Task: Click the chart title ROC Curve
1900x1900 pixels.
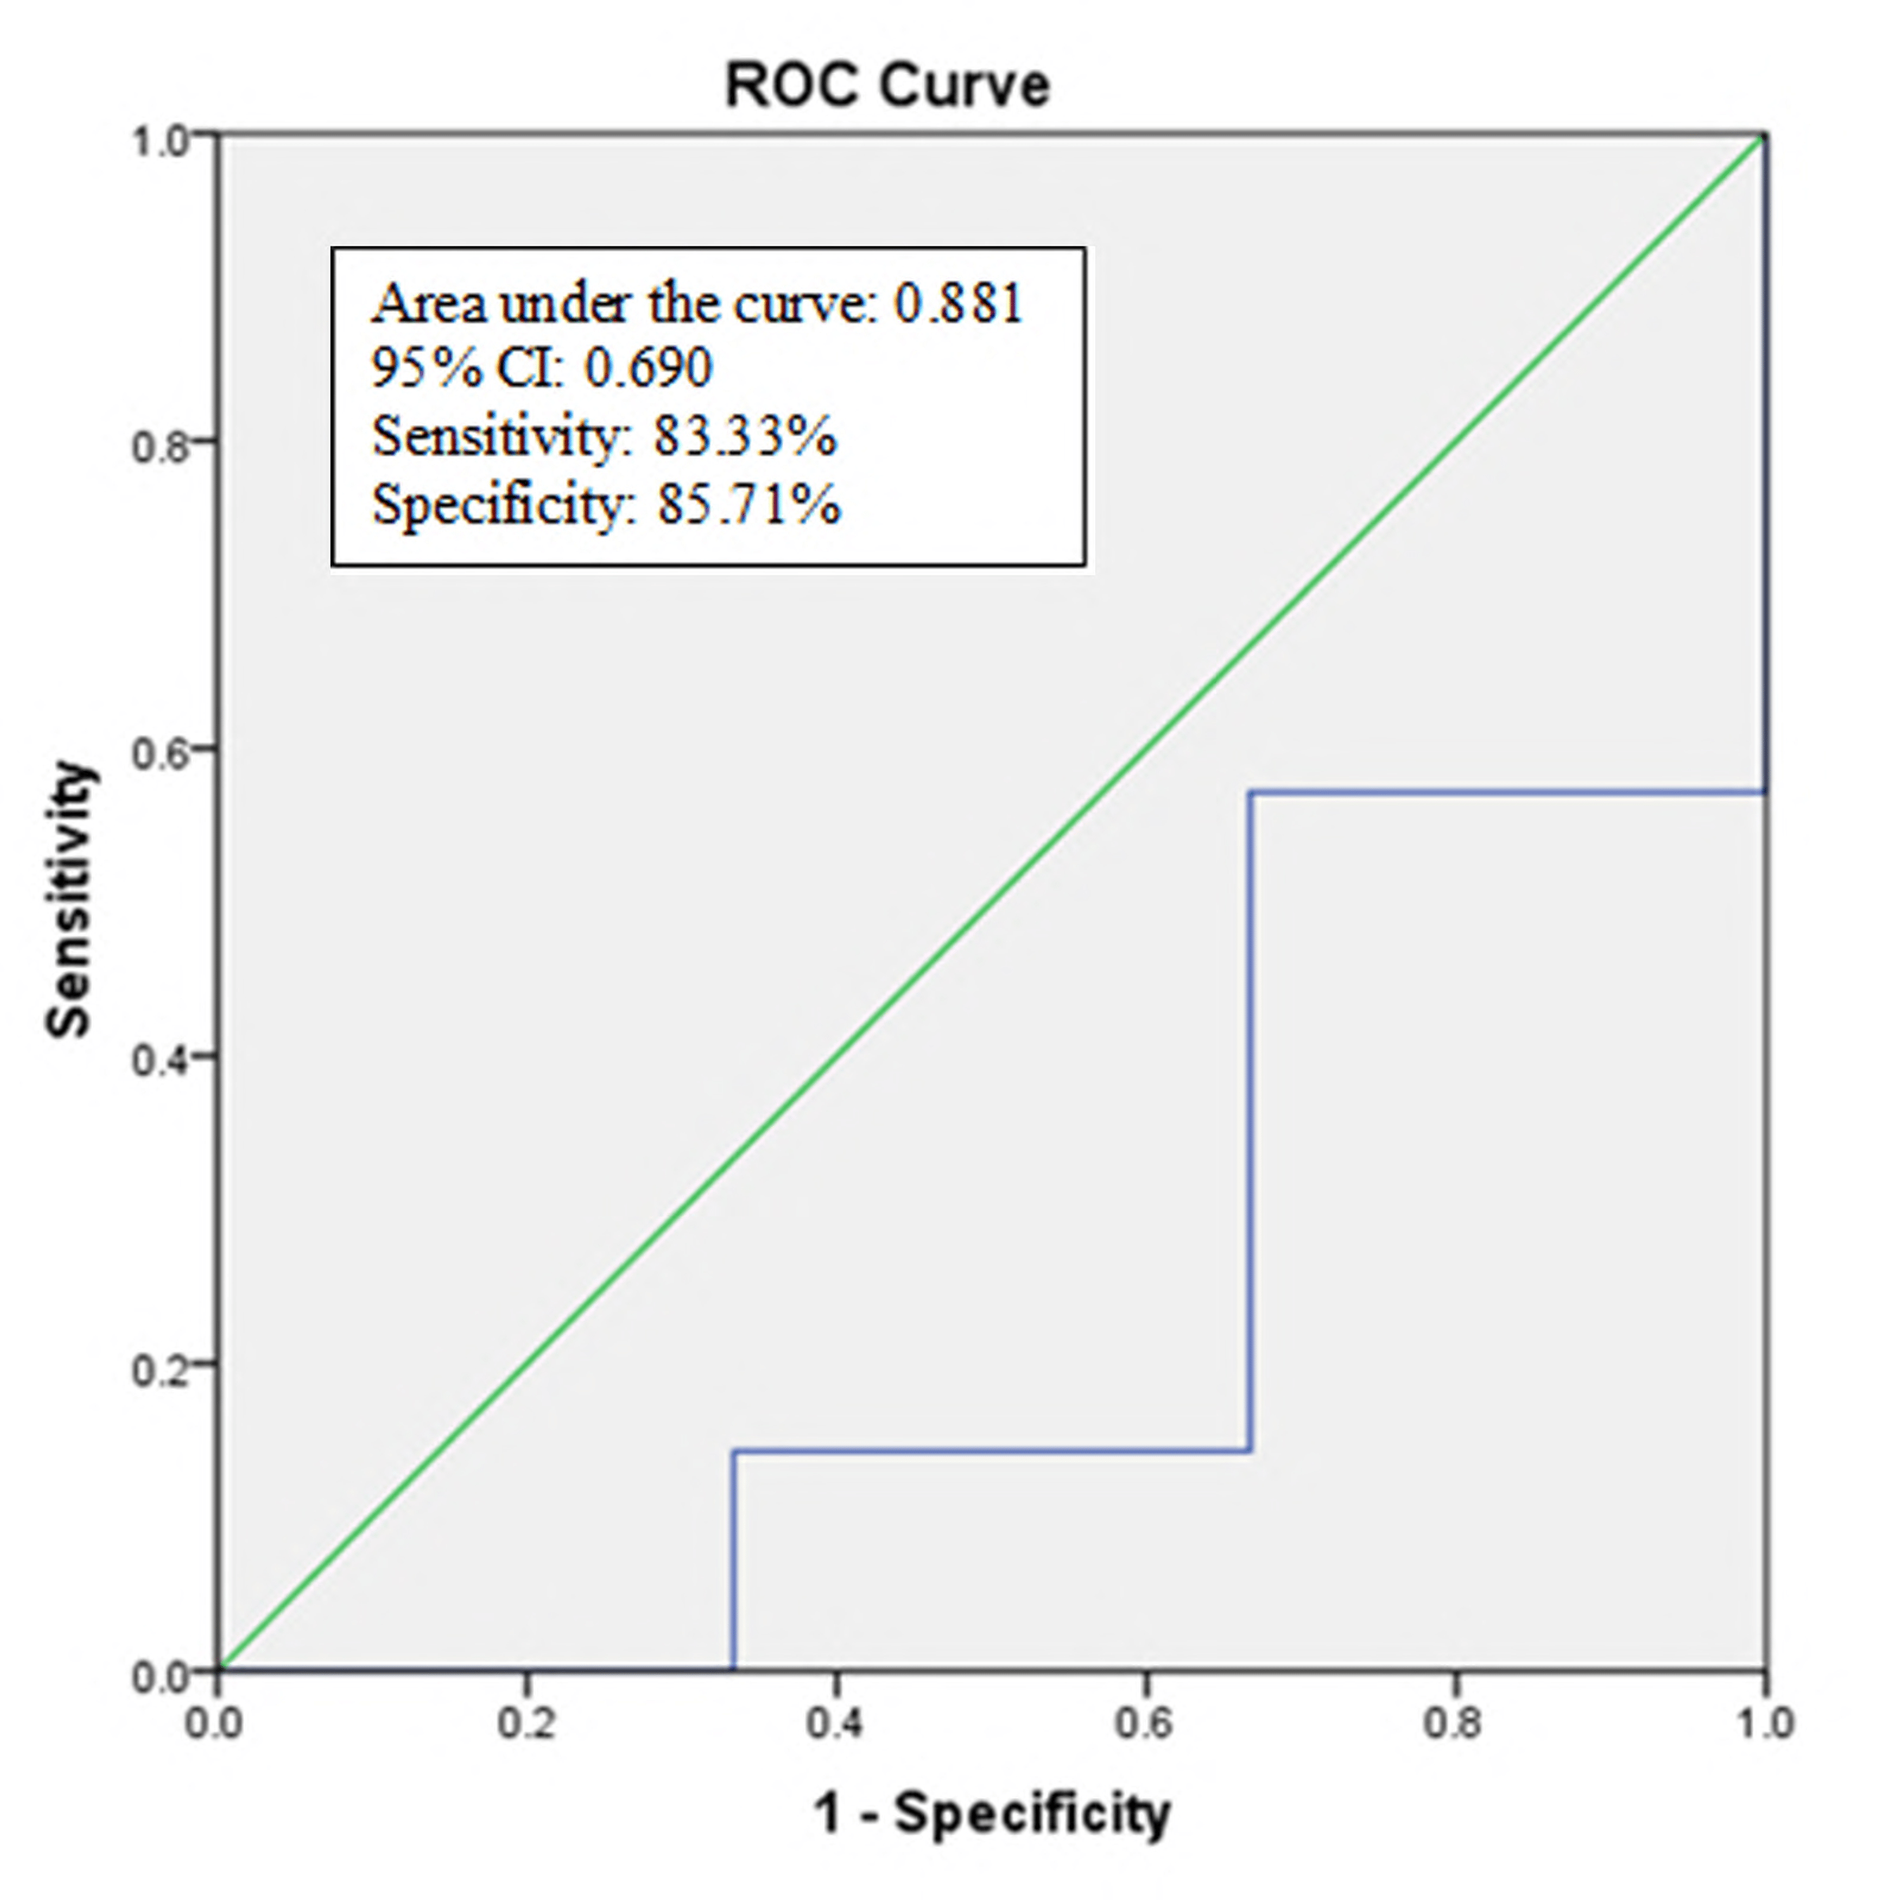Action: (x=887, y=85)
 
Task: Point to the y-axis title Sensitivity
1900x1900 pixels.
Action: (x=69, y=900)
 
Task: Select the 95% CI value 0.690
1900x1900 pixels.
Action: (x=647, y=369)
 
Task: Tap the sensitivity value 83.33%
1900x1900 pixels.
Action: (x=744, y=436)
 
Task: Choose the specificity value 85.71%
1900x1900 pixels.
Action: (x=749, y=505)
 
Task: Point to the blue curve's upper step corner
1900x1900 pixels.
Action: (x=1250, y=792)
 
